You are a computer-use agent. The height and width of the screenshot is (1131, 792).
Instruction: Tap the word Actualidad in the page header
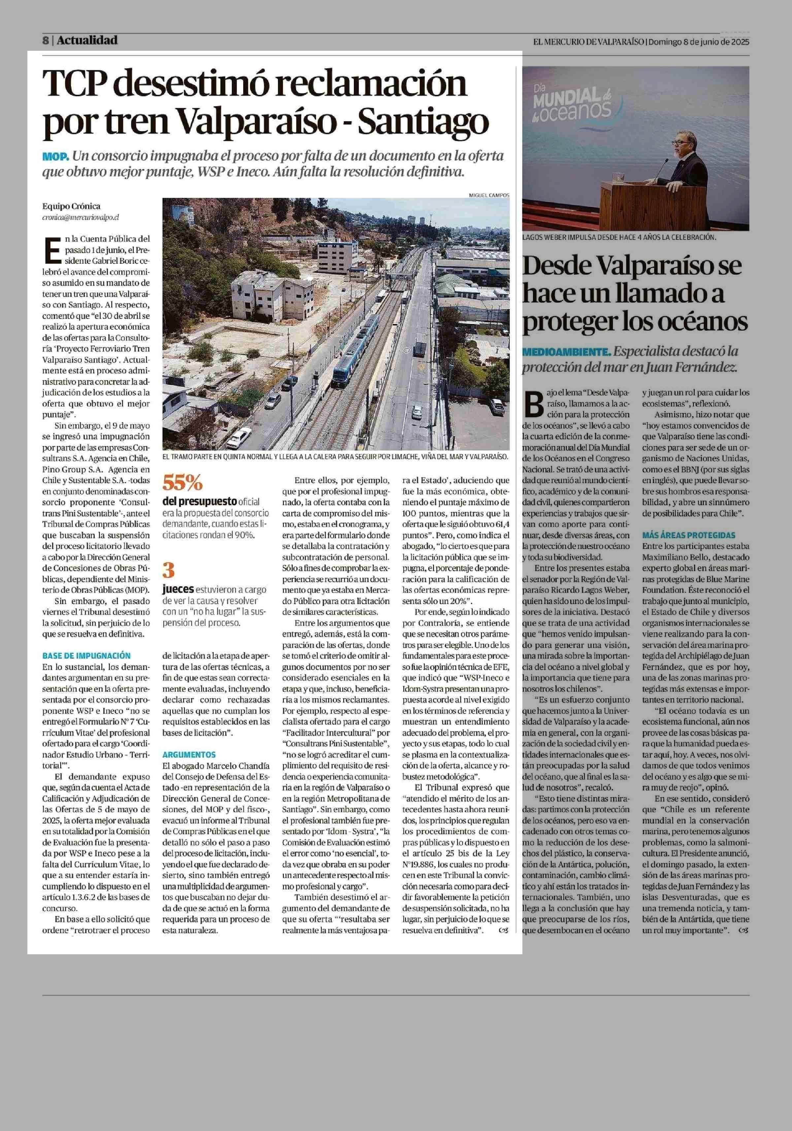(x=87, y=40)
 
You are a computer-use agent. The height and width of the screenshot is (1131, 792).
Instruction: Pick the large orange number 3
(x=169, y=570)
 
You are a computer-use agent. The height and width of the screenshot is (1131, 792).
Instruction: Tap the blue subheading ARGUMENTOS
(x=189, y=754)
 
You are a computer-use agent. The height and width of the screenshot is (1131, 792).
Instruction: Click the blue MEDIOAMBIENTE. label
(x=567, y=352)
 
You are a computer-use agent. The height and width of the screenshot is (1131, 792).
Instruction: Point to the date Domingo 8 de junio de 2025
(x=698, y=42)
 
